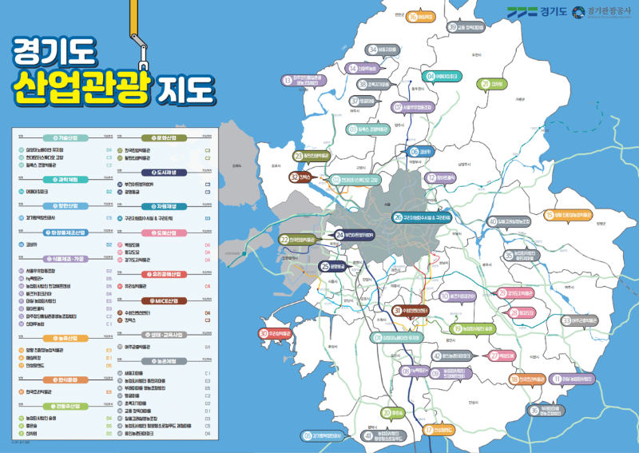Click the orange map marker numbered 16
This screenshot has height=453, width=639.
pyautogui.click(x=413, y=16)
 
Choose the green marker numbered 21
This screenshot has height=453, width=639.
pyautogui.click(x=485, y=84)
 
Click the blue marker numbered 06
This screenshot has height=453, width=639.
pyautogui.click(x=414, y=151)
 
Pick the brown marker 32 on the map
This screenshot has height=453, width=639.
pyautogui.click(x=295, y=177)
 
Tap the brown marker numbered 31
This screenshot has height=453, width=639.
pyautogui.click(x=397, y=311)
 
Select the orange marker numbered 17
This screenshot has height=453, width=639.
pyautogui.click(x=429, y=430)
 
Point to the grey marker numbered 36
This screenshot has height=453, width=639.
pyautogui.click(x=535, y=410)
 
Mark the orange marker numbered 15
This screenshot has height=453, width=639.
pyautogui.click(x=549, y=214)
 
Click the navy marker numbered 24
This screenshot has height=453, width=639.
pyautogui.click(x=340, y=235)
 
